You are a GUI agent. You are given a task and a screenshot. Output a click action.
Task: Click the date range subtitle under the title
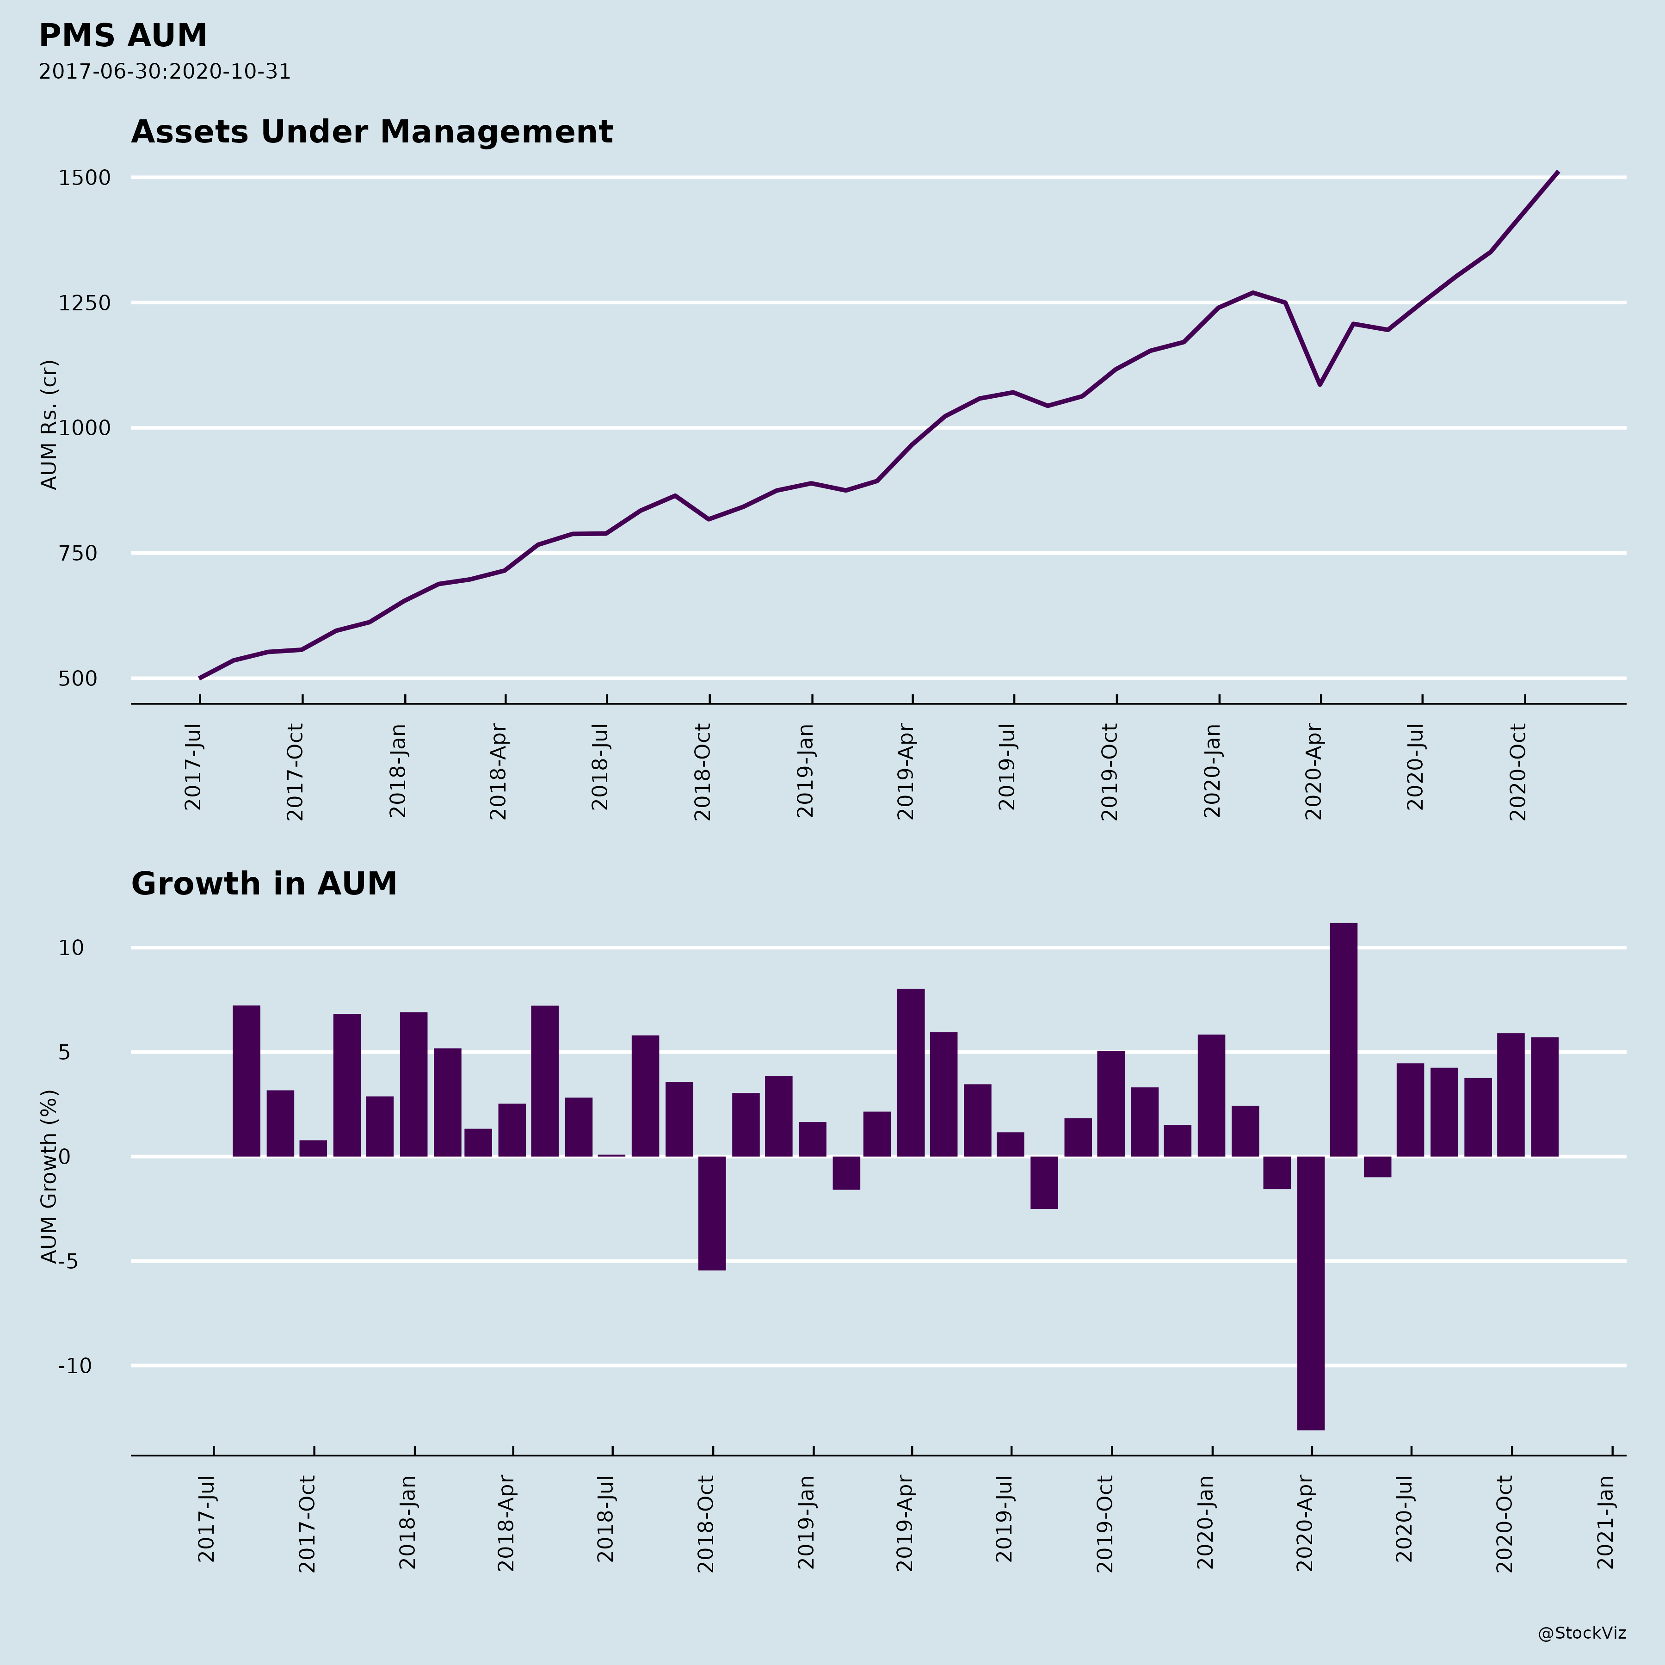(165, 72)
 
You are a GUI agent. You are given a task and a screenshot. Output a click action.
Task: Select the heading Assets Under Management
(371, 132)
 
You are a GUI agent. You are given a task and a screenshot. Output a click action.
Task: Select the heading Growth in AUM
(264, 884)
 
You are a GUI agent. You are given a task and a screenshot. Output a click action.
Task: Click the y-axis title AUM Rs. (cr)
(49, 425)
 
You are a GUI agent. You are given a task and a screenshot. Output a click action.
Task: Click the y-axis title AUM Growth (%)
(49, 1176)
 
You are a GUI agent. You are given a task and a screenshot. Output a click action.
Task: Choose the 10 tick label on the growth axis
(72, 948)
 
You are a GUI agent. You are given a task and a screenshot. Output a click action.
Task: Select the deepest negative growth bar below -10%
(1311, 1293)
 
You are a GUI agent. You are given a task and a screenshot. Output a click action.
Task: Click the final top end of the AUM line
(1557, 173)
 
